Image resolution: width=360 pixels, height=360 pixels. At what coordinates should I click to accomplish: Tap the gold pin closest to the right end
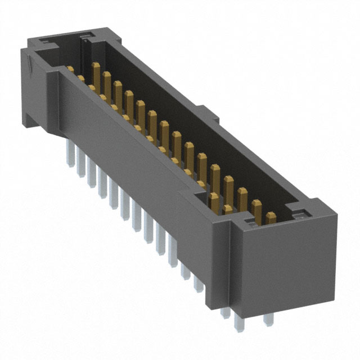pos(271,218)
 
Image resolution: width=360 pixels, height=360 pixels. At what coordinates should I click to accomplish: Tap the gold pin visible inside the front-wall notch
pos(214,200)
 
